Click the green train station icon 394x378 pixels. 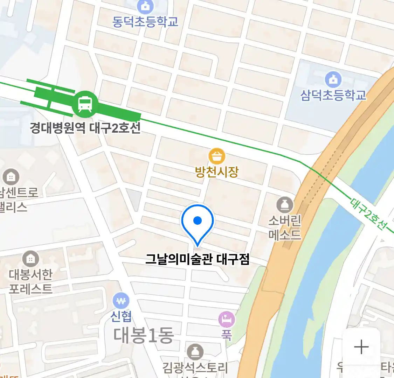tap(85, 104)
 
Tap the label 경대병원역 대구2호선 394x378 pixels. tap(85, 128)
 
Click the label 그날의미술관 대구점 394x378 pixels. tap(197, 259)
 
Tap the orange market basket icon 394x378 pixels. tap(217, 156)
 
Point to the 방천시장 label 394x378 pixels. tap(217, 172)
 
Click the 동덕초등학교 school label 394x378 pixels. tap(145, 21)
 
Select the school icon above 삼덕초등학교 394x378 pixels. tap(333, 80)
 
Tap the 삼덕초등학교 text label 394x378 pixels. tap(333, 95)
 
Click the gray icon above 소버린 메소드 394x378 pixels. tap(285, 205)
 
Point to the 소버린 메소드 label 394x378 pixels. tap(285, 227)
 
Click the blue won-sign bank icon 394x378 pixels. tap(121, 301)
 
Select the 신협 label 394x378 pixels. tap(121, 316)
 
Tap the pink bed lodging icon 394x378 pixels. tap(227, 319)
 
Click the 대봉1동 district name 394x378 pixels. tap(144, 335)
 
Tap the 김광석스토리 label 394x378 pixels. tap(195, 367)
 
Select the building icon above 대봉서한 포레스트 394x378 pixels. tap(31, 259)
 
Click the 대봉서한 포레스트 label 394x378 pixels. tap(31, 281)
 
